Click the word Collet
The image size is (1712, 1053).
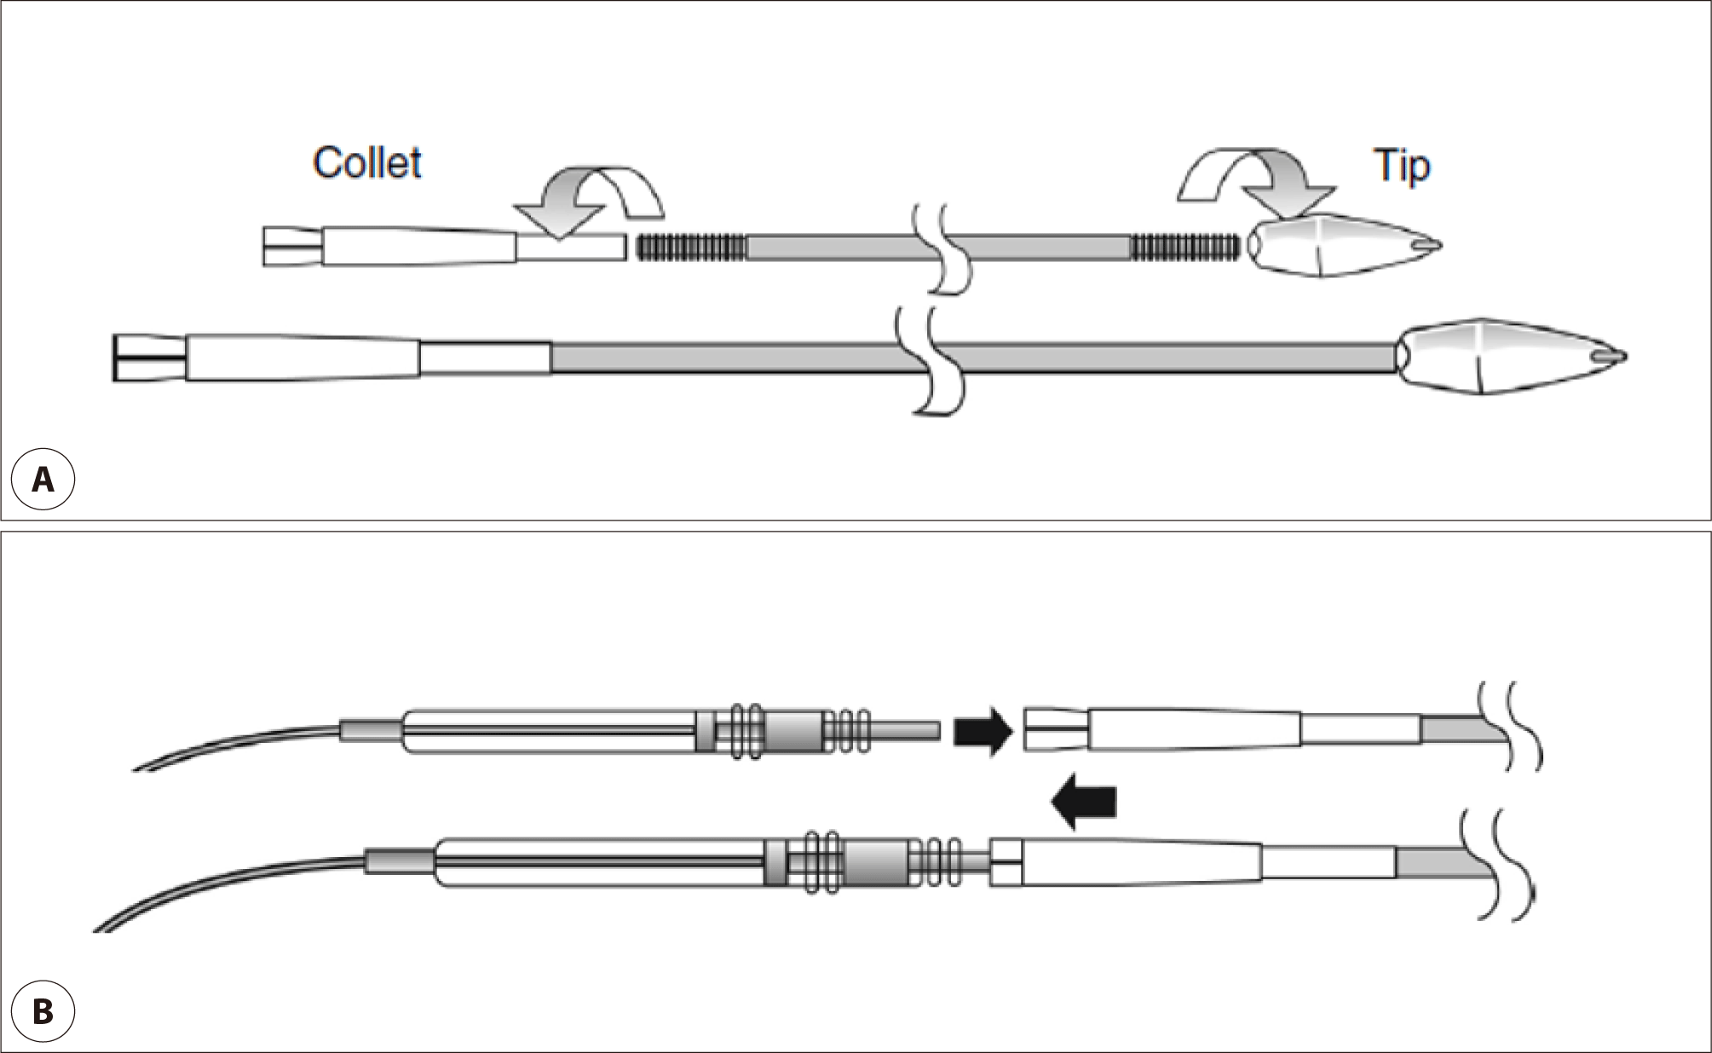(367, 163)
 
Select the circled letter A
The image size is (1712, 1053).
(43, 480)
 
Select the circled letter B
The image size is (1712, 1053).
(43, 1013)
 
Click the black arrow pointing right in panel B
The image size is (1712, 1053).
(982, 730)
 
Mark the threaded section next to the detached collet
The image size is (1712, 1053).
(691, 246)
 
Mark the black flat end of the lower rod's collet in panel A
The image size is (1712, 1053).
(114, 358)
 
